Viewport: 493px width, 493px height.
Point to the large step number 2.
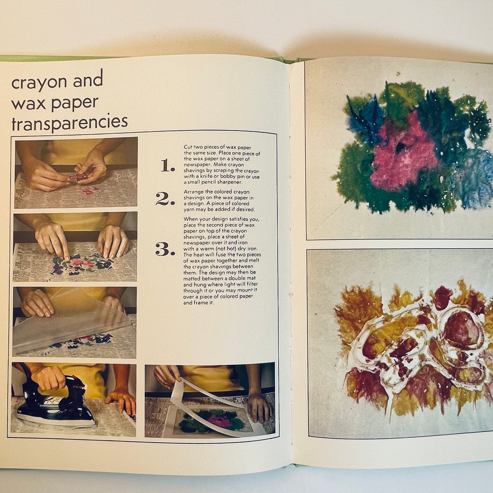[165, 199]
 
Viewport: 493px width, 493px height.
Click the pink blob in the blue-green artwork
[403, 154]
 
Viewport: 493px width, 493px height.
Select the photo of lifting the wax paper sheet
[74, 322]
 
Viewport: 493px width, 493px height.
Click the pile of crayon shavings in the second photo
[82, 264]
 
